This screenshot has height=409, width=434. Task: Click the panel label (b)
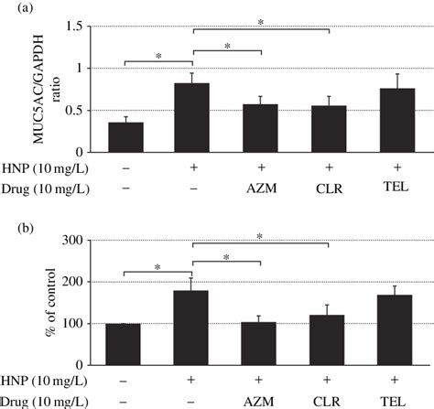pos(13,220)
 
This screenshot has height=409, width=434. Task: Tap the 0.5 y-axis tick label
pos(71,111)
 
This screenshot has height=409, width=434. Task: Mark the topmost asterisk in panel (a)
pos(260,18)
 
